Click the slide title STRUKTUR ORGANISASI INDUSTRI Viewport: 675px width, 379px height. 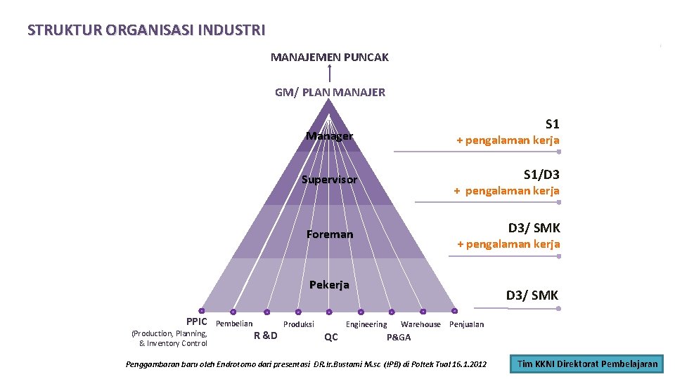[x=146, y=30]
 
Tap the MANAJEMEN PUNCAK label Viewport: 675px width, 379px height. [x=329, y=57]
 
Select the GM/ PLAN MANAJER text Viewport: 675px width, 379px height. [x=330, y=92]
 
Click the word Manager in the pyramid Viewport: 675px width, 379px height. [x=329, y=135]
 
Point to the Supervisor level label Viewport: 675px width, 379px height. [x=329, y=180]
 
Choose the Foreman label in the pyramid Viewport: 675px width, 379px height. [x=329, y=234]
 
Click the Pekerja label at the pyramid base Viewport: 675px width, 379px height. [x=329, y=285]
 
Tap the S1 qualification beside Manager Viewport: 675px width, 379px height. [x=552, y=124]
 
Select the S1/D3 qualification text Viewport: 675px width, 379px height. [x=541, y=174]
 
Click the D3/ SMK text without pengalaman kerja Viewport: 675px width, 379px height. [x=532, y=295]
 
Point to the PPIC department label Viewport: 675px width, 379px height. [x=197, y=321]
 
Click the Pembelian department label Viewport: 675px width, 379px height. [x=234, y=324]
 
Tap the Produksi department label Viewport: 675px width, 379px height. [x=298, y=324]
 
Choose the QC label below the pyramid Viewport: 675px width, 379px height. [x=330, y=337]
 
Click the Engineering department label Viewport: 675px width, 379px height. [x=366, y=324]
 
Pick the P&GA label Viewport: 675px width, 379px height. [x=399, y=337]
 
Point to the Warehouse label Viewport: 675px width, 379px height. [x=420, y=324]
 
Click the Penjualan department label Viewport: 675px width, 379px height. [x=466, y=324]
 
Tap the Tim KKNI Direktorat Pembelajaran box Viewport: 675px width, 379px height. [x=587, y=364]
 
